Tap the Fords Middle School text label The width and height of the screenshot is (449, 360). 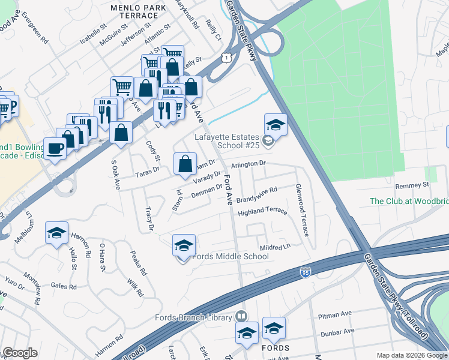tap(231, 257)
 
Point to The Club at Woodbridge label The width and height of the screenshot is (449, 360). tap(409, 201)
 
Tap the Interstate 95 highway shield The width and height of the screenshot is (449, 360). tap(305, 274)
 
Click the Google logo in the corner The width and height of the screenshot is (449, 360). tap(20, 353)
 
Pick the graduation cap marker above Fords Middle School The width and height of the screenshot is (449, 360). tap(184, 245)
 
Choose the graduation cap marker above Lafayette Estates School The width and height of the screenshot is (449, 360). tap(276, 124)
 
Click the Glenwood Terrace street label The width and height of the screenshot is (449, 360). tap(301, 209)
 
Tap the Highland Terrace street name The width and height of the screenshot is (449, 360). tap(262, 212)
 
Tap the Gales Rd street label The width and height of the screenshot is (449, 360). tap(65, 287)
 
